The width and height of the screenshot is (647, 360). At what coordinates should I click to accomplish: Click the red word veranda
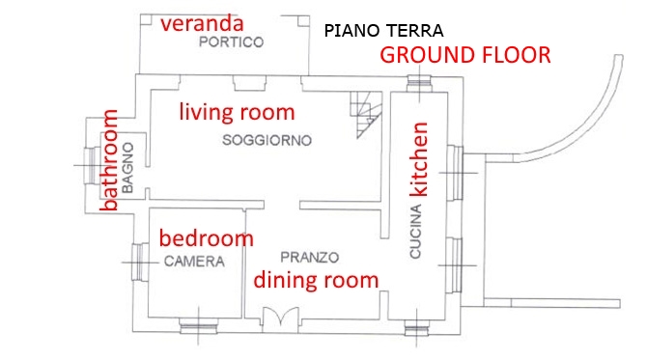pos(202,24)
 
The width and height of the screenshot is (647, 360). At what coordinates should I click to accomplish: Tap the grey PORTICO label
pos(231,42)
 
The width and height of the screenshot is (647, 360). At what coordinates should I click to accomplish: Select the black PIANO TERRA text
pos(383,31)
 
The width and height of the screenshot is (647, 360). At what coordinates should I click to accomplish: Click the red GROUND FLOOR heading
pos(465,55)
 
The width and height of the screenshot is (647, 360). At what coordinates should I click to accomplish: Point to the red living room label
pos(237,112)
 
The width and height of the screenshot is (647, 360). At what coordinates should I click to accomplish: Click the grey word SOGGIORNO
pos(267,140)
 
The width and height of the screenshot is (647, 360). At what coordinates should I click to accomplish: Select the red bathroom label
pos(109,160)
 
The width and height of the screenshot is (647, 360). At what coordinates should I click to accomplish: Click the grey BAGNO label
pos(127,168)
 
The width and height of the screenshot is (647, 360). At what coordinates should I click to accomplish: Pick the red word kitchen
pos(419,158)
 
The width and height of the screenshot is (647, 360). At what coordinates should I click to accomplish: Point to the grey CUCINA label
pos(415,232)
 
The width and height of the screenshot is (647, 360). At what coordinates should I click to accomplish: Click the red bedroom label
pos(206,238)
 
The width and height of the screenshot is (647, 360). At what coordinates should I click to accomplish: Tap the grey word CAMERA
pos(194,262)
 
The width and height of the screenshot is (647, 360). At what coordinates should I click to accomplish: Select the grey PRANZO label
pos(309,258)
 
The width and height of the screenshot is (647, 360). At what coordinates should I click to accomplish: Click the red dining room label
pos(316,280)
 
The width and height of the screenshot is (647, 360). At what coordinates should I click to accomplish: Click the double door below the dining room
pos(281,317)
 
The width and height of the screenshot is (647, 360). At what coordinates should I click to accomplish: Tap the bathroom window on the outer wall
pos(90,165)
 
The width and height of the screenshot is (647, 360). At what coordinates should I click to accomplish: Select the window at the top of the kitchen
pos(419,84)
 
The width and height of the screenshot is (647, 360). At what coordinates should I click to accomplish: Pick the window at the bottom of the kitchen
pos(416,328)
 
